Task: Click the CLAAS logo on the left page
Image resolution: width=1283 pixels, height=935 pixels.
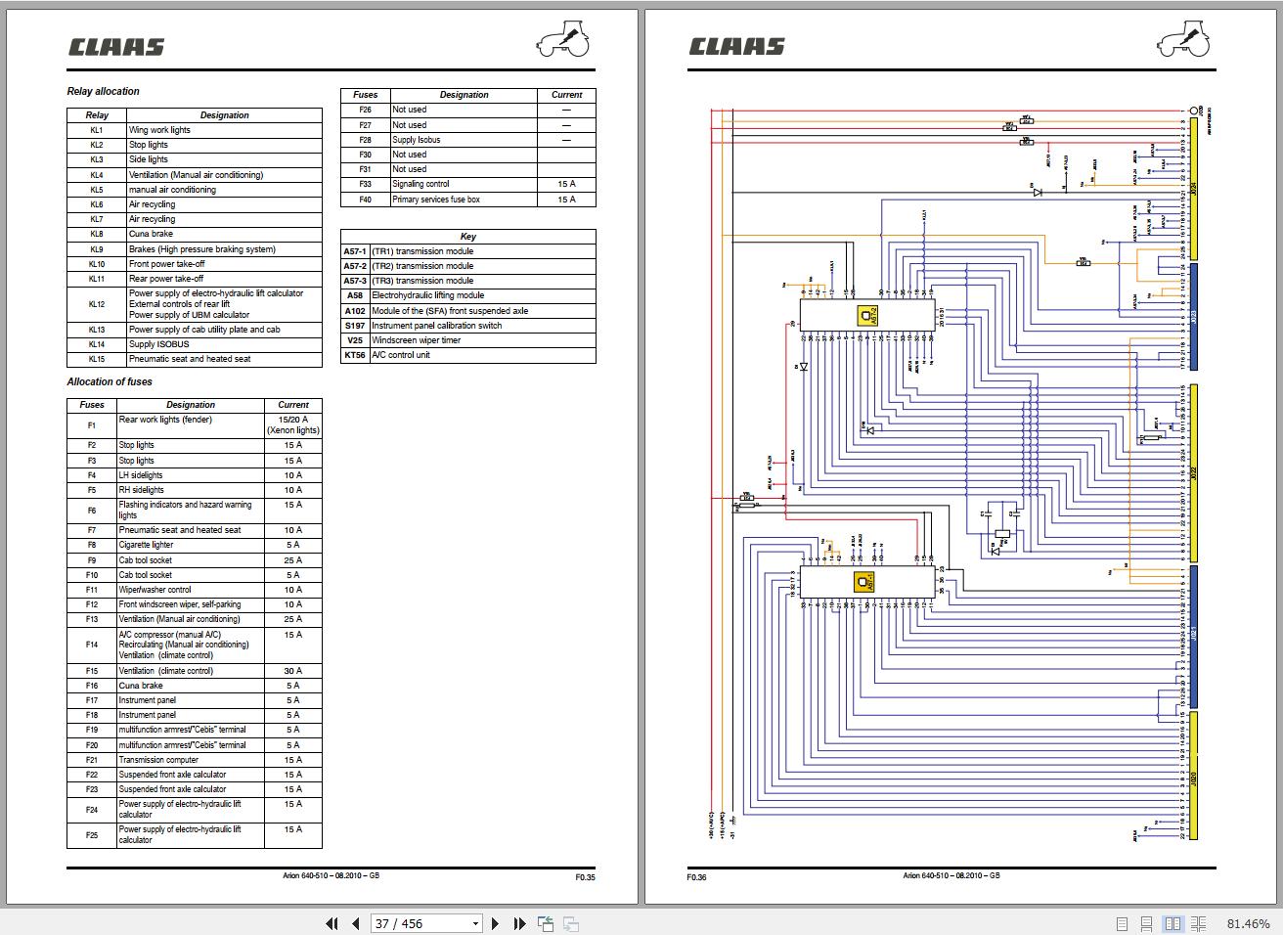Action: (115, 47)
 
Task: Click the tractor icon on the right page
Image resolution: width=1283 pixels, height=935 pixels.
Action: (1184, 41)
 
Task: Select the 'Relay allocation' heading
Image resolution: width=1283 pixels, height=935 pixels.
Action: (103, 92)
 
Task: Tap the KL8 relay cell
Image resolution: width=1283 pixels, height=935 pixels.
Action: (97, 235)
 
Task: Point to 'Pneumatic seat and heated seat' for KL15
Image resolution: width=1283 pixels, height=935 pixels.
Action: (190, 359)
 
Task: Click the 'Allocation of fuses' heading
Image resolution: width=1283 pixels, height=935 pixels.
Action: (110, 382)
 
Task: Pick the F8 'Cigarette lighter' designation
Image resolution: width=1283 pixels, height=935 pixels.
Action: (146, 545)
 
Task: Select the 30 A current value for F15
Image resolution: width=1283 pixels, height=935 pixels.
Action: (292, 671)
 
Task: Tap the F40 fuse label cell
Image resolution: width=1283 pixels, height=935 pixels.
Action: (365, 200)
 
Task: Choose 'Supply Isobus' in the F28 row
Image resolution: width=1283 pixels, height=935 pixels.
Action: (417, 140)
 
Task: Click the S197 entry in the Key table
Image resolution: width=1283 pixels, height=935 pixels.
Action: (354, 326)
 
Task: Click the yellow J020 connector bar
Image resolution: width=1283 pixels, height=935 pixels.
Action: (1193, 778)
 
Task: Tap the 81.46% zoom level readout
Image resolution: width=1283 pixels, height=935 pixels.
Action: (1249, 923)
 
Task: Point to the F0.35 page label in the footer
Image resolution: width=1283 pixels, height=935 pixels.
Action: (585, 877)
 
